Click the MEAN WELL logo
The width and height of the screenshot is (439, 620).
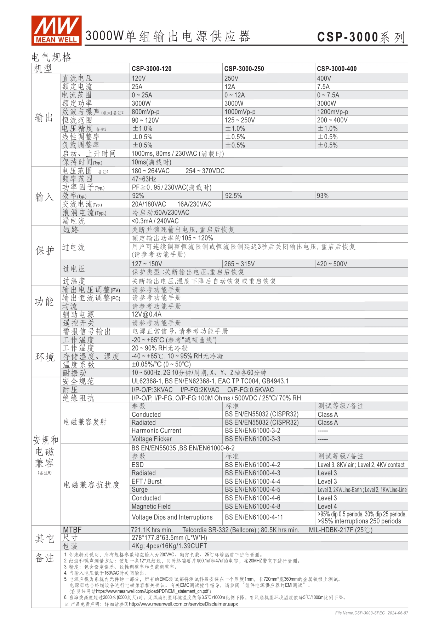tap(56, 30)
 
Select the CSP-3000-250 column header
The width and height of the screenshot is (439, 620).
tap(244, 69)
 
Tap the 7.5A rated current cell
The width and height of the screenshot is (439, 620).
tap(323, 87)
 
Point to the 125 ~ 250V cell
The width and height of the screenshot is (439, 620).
tap(239, 120)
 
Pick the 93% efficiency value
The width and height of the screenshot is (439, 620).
tap(323, 196)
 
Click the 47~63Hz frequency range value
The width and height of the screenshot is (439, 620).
tap(144, 179)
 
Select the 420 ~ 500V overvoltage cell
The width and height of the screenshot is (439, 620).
tap(332, 264)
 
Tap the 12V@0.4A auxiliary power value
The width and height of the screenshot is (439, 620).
tap(147, 314)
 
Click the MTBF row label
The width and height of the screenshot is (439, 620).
tap(72, 530)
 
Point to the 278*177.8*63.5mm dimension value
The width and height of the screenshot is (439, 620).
tap(169, 538)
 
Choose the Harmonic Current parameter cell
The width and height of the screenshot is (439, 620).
tap(156, 431)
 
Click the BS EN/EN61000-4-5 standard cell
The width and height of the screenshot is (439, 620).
tap(252, 490)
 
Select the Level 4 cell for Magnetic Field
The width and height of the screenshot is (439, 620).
tap(327, 506)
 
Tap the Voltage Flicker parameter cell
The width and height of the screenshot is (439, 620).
tap(152, 439)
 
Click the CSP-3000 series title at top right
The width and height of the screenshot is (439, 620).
tap(361, 37)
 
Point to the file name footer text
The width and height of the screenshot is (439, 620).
tap(371, 613)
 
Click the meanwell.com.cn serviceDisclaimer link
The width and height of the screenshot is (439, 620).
tap(183, 604)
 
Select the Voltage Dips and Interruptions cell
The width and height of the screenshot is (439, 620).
tap(172, 517)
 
